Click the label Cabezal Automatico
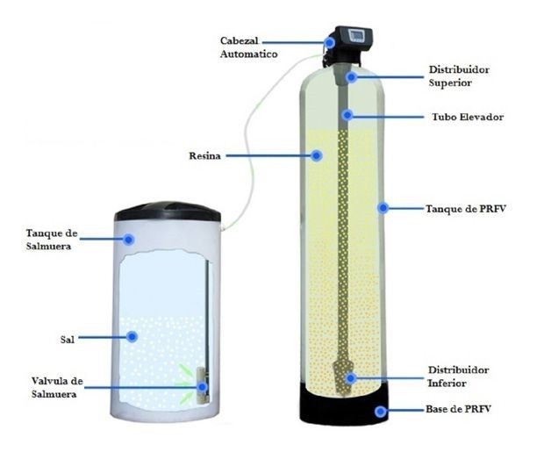click(x=248, y=47)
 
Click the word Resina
click(x=204, y=155)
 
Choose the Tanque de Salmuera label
click(x=54, y=237)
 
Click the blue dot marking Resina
click(x=316, y=155)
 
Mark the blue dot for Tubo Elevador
click(x=348, y=115)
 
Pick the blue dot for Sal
click(x=132, y=335)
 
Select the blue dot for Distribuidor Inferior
click(x=351, y=378)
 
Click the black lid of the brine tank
click(x=168, y=211)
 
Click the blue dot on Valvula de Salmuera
click(x=202, y=386)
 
